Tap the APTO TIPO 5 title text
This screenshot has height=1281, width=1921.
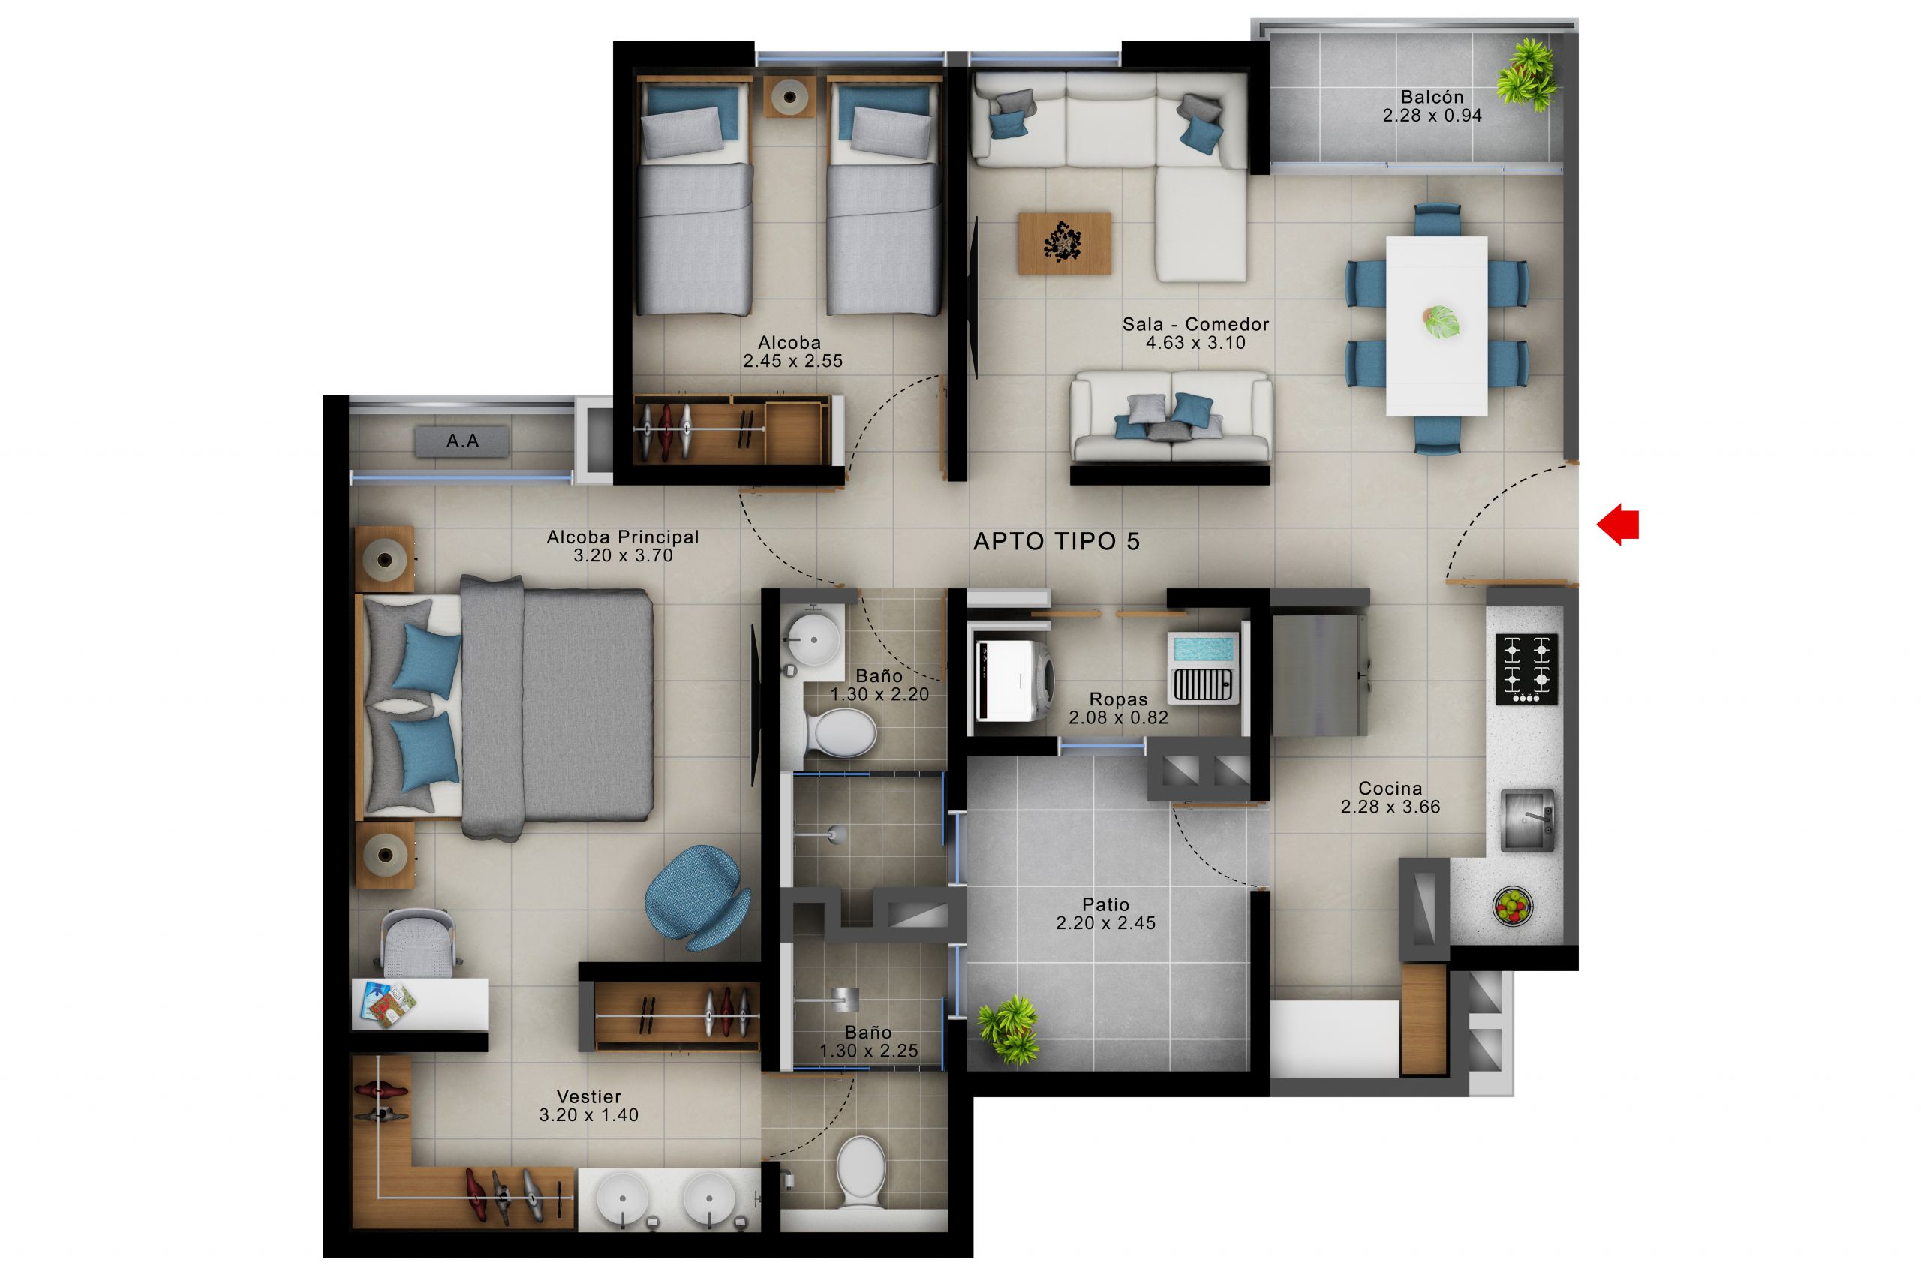tap(1056, 542)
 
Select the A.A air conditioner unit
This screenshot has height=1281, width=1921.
tap(462, 442)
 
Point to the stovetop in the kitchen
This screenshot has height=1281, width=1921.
tap(1526, 669)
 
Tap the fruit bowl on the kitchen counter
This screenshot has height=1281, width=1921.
tap(1513, 906)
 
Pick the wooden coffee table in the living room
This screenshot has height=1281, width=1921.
tap(1064, 242)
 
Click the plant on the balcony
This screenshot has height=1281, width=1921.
tap(1526, 74)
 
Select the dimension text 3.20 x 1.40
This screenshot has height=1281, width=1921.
tap(588, 1115)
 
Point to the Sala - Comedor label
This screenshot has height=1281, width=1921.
tap(1195, 324)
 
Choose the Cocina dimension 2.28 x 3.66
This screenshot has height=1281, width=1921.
tap(1390, 807)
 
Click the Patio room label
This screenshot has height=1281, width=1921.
tap(1105, 904)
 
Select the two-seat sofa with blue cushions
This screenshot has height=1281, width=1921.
tap(1171, 418)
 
